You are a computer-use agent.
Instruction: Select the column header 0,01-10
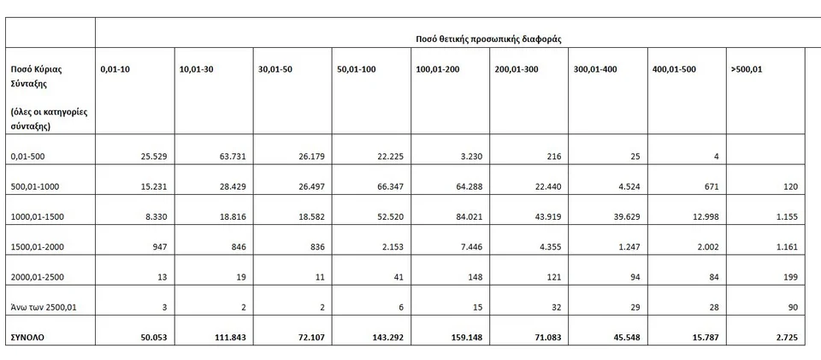115,69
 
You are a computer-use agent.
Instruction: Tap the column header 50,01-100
357,69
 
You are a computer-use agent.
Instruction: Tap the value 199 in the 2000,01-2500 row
790,277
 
